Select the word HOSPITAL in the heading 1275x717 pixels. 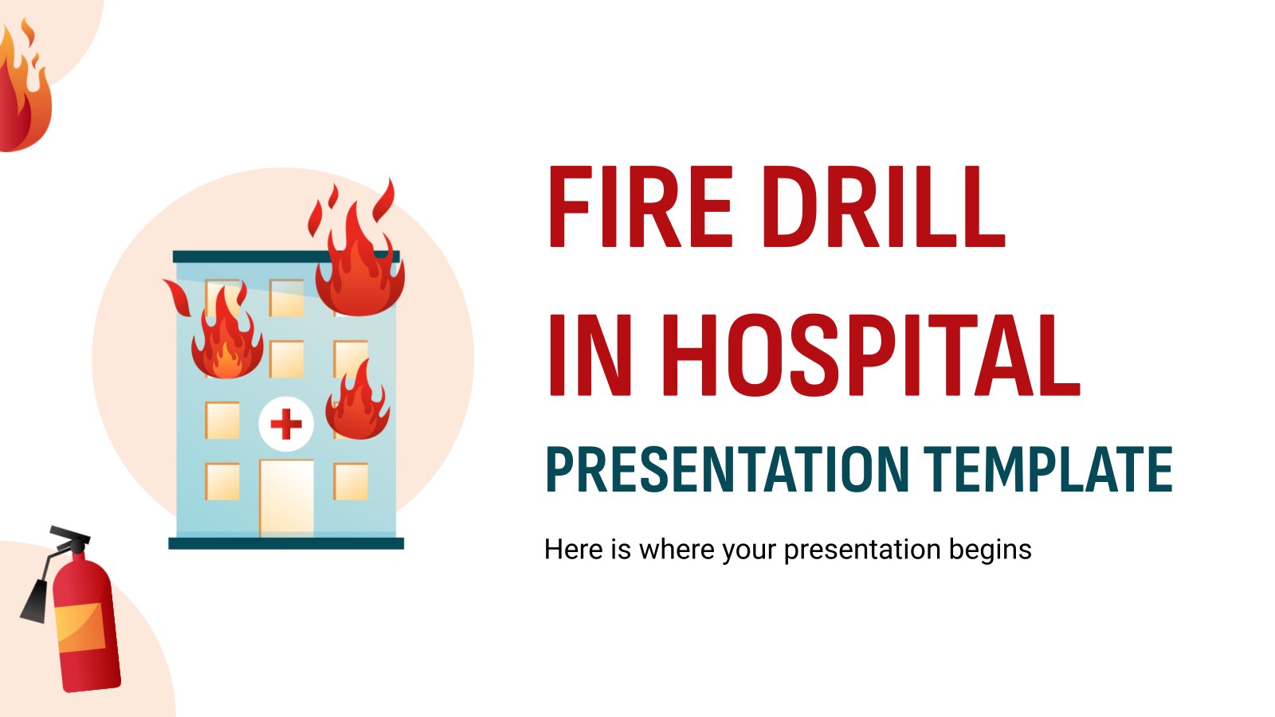coord(871,355)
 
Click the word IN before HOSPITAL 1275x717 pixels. coord(590,355)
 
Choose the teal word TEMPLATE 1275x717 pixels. coord(1048,469)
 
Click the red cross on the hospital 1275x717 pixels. coord(286,424)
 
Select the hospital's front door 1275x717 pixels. coord(286,499)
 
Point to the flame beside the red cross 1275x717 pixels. coord(358,402)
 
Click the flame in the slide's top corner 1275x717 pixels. coord(24,85)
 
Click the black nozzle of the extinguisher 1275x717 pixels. coord(34,602)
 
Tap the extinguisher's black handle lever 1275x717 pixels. coord(69,534)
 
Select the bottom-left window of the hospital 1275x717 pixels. coord(222,481)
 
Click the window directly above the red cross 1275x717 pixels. coord(286,359)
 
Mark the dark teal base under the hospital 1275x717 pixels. coord(286,543)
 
